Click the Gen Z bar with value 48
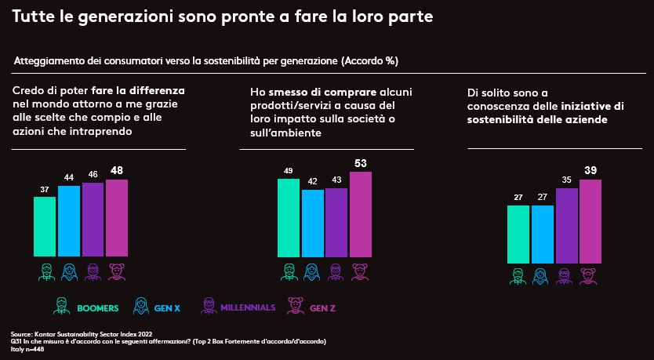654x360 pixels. [117, 217]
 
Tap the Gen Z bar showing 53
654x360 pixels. [361, 213]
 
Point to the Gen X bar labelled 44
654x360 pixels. [69, 220]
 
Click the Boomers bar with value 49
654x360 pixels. [289, 217]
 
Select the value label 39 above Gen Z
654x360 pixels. [590, 171]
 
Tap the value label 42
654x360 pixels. [312, 181]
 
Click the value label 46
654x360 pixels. [93, 174]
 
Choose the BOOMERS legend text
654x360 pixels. [98, 308]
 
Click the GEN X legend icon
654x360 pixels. [142, 306]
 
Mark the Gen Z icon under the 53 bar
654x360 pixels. [361, 271]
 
